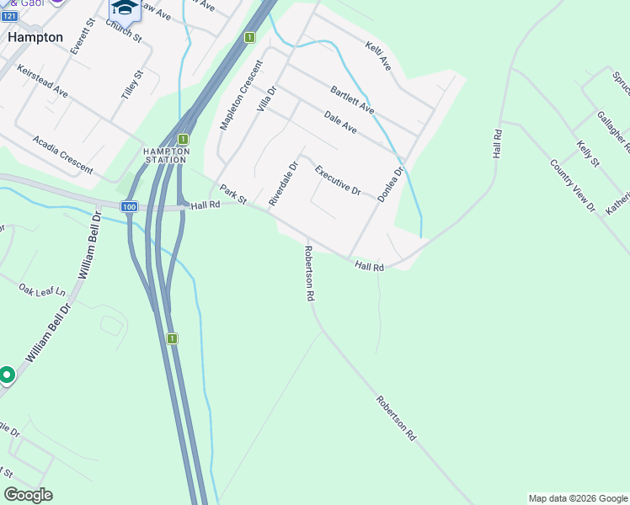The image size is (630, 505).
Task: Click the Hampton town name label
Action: (x=35, y=38)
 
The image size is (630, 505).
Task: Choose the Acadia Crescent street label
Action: (x=63, y=155)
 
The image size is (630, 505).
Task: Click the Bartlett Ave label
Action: (x=352, y=100)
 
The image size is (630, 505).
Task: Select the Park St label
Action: (x=232, y=194)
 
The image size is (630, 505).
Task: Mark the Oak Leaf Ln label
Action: (x=42, y=290)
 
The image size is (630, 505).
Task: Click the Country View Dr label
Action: (x=573, y=185)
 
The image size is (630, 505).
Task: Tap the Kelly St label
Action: (x=588, y=155)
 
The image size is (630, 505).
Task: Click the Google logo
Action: (x=28, y=495)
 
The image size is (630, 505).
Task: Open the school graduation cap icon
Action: (x=124, y=8)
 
